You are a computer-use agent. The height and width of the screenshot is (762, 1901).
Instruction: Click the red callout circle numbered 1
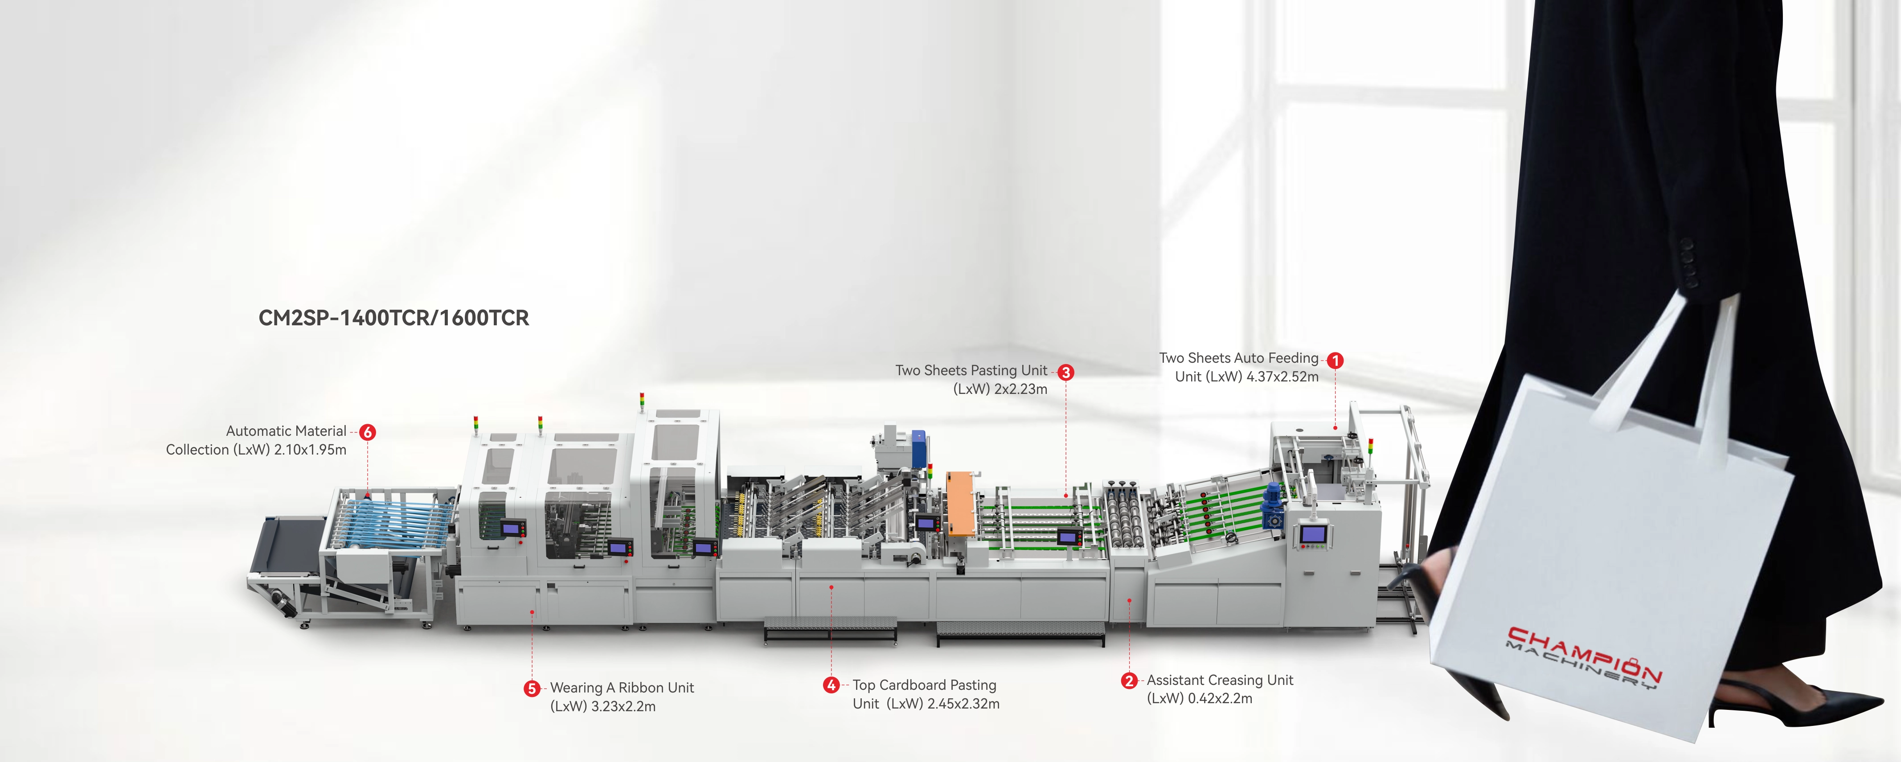1335,361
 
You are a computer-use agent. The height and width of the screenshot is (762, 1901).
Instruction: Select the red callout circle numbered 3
1065,373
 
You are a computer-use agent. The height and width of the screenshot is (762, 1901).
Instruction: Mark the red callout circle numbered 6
368,432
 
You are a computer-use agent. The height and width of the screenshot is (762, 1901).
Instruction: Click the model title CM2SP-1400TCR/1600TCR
394,318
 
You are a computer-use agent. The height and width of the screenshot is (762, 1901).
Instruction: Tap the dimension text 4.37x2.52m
1282,377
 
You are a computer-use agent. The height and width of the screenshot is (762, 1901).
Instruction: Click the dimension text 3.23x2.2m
623,707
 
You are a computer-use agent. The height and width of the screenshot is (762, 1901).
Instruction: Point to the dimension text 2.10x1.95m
310,450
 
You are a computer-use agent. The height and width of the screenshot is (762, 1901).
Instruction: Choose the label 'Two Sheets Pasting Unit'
971,370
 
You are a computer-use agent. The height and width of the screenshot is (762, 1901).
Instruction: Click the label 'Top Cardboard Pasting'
925,685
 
